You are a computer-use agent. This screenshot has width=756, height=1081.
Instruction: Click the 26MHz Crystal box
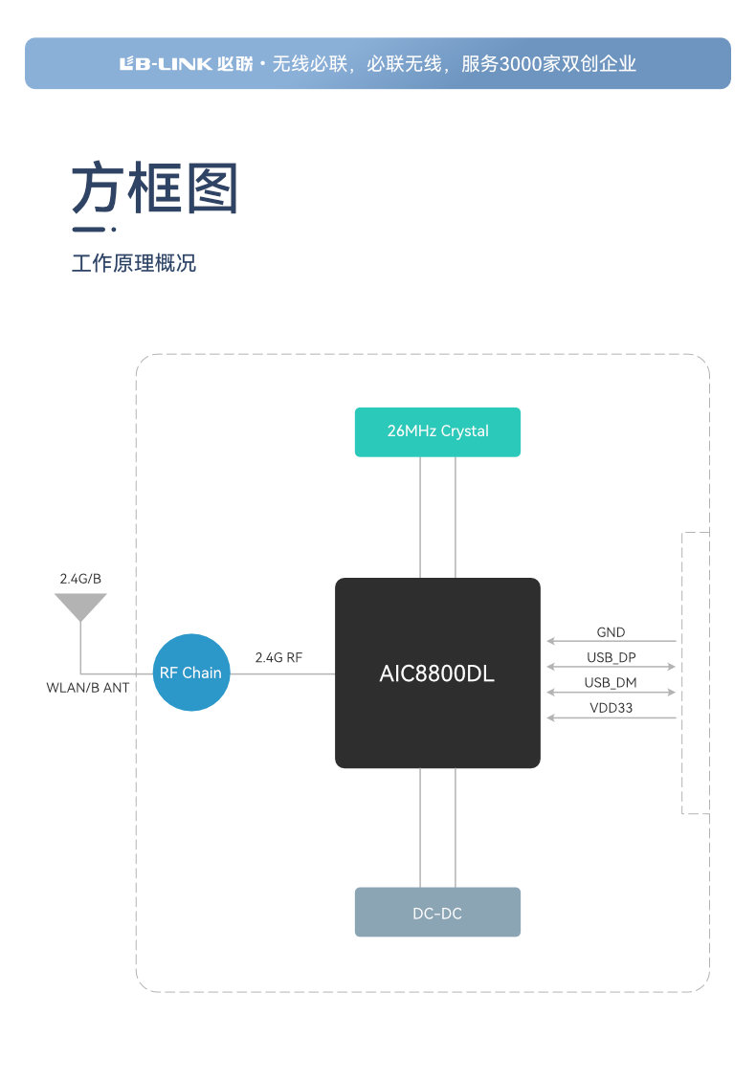tap(437, 431)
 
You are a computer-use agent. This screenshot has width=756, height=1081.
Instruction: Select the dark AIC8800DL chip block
tap(437, 673)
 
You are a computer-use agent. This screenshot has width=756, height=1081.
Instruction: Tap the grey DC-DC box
tap(437, 912)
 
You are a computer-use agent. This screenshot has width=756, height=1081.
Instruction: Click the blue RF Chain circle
tap(190, 673)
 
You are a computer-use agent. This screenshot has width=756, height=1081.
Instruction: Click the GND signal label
tap(611, 632)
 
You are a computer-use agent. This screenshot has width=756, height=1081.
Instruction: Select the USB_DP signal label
tap(611, 657)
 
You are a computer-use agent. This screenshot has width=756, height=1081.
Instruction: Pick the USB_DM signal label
tap(611, 683)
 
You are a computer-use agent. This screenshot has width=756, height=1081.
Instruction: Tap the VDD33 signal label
tap(611, 708)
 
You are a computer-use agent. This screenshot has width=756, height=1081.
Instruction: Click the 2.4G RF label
tap(278, 657)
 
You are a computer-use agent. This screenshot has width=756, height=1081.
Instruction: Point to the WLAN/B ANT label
tap(88, 688)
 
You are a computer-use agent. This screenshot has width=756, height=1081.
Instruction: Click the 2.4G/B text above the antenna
tap(80, 579)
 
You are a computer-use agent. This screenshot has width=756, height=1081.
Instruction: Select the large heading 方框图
tap(155, 188)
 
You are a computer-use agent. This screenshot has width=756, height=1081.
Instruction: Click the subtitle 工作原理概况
tap(134, 263)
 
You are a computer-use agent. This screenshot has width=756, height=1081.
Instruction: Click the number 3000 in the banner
tap(516, 64)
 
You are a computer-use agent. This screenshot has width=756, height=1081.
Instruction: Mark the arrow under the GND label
tap(611, 641)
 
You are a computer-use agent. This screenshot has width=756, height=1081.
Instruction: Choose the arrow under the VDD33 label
tap(611, 717)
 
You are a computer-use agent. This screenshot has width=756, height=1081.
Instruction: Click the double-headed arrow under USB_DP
tap(611, 667)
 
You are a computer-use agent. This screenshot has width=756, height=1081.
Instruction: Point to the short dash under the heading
tap(90, 230)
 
